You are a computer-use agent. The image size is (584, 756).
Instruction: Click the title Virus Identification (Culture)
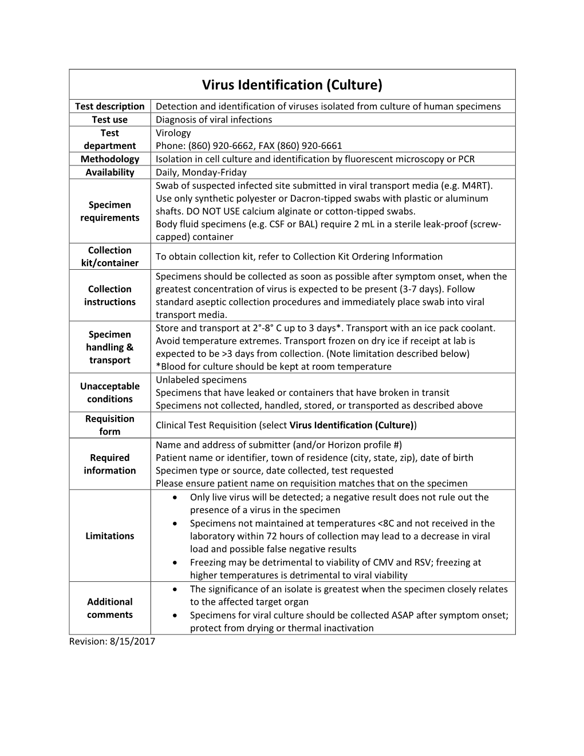[292, 85]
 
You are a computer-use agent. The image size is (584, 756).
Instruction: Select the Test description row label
[109, 106]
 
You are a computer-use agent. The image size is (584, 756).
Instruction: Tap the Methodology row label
[109, 159]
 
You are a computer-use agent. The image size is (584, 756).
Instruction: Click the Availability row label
[109, 172]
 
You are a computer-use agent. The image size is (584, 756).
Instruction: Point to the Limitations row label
[109, 535]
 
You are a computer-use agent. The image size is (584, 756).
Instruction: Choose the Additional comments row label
[109, 608]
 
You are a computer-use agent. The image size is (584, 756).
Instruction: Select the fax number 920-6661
[322, 145]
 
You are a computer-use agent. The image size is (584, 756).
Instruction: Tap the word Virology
[173, 133]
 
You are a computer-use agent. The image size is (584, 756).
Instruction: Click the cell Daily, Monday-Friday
[201, 172]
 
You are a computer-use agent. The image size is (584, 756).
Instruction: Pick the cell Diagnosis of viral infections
[214, 119]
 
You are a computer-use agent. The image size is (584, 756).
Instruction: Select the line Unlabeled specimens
[201, 380]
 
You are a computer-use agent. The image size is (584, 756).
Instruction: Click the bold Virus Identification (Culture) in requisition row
[352, 425]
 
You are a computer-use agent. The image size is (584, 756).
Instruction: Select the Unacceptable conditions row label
[109, 392]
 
